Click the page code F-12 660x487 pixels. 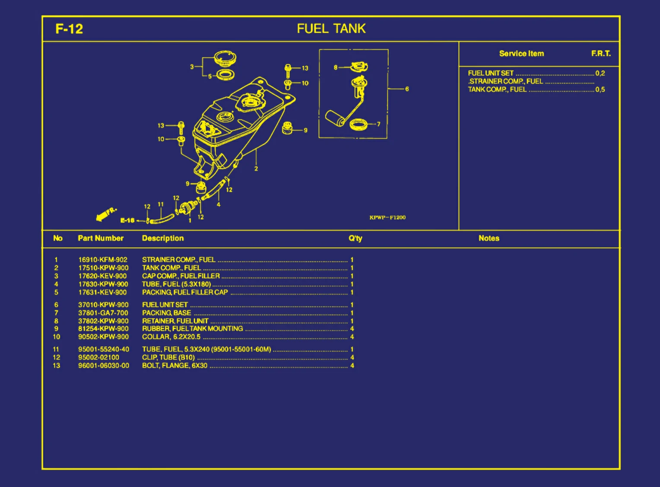tap(69, 29)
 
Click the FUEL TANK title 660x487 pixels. tap(331, 29)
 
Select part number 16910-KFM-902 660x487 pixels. tap(103, 260)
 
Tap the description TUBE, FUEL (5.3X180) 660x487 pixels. tap(176, 284)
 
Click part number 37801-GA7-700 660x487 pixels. tap(103, 313)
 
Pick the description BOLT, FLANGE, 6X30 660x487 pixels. tap(175, 366)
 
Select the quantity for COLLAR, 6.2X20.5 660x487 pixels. tap(352, 337)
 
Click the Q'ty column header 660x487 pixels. tap(355, 238)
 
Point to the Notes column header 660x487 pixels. tap(489, 238)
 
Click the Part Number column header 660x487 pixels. tap(101, 238)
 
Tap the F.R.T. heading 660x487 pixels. tap(601, 54)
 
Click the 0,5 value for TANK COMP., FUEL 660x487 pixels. tap(600, 89)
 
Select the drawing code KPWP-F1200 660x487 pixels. tap(387, 217)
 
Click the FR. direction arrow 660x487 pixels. tap(105, 214)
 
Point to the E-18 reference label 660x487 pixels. tap(127, 220)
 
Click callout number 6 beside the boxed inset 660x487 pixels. tap(406, 89)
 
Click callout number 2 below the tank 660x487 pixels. tap(256, 169)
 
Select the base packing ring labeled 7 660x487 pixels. tap(358, 125)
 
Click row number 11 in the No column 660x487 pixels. tap(56, 349)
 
